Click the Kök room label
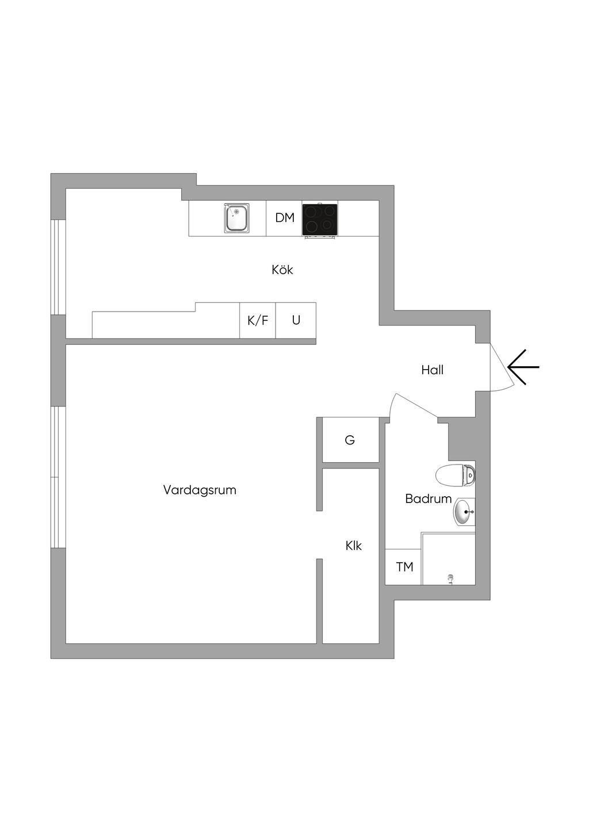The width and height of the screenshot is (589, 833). [282, 270]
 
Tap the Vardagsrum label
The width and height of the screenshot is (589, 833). [200, 490]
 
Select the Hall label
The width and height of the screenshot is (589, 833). [433, 370]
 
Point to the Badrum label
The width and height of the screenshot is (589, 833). [429, 498]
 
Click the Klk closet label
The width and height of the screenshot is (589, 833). [354, 546]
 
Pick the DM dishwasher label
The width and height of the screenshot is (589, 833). [285, 217]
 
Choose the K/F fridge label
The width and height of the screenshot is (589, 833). [258, 320]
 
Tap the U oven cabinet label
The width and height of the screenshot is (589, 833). [296, 320]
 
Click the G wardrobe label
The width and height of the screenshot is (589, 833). [350, 440]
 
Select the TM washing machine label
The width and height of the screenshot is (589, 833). [404, 567]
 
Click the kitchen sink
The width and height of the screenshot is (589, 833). [236, 218]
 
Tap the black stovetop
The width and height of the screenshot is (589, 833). [320, 220]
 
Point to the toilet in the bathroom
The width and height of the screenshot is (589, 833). [455, 475]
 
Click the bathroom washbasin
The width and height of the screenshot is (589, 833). [464, 512]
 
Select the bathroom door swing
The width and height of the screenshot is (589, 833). [412, 408]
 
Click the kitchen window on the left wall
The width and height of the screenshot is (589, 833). [58, 267]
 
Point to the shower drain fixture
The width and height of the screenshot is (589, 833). [450, 579]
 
